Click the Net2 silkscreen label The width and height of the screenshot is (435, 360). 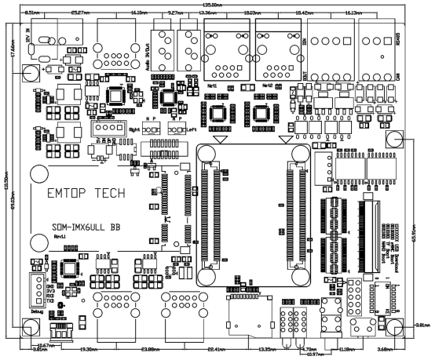(x=269, y=84)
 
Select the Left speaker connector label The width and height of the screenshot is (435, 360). (x=191, y=129)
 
